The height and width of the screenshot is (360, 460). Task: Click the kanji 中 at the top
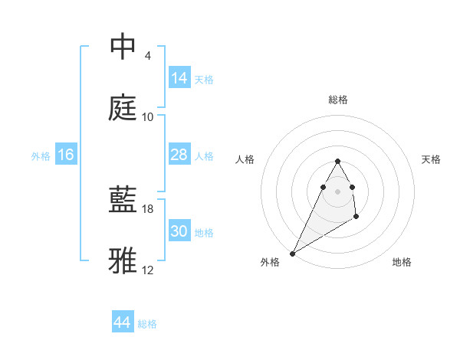123,47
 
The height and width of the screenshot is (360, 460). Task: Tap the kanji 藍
123,200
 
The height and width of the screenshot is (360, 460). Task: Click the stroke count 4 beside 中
147,56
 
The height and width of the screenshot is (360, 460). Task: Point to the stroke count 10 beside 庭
148,116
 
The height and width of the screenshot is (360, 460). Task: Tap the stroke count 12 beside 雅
148,270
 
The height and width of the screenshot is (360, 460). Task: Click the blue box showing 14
179,78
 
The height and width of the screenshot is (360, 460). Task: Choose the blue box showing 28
179,155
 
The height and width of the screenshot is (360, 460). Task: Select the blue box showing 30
179,231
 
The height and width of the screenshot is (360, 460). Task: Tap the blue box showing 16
66,155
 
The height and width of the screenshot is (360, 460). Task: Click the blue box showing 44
123,322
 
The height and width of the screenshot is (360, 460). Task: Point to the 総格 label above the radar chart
338,100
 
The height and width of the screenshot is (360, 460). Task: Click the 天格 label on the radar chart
431,159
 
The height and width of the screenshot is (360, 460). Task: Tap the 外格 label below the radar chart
270,263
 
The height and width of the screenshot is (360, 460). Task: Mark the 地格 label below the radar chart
402,263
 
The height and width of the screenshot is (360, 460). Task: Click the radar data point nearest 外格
293,253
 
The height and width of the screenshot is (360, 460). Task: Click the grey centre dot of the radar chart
338,191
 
